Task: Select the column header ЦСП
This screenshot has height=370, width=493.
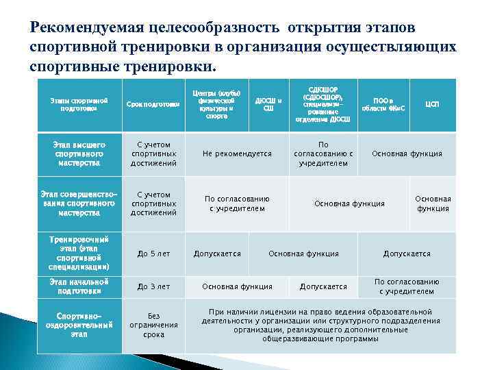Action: [x=433, y=104]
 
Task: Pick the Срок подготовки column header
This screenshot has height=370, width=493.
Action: [x=153, y=104]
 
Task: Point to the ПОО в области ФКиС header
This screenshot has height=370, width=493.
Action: [x=383, y=104]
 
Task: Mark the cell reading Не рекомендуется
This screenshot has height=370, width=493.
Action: [x=237, y=154]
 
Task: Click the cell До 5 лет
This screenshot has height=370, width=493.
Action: [x=153, y=254]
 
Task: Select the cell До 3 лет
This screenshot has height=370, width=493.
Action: [x=153, y=286]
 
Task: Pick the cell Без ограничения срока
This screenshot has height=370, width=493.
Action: [x=153, y=325]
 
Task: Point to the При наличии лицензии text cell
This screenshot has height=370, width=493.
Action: [x=321, y=325]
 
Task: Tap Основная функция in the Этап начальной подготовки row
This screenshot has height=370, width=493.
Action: [x=237, y=286]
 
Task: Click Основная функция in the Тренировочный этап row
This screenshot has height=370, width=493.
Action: [x=303, y=254]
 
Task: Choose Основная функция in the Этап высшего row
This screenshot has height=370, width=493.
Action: [x=407, y=154]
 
